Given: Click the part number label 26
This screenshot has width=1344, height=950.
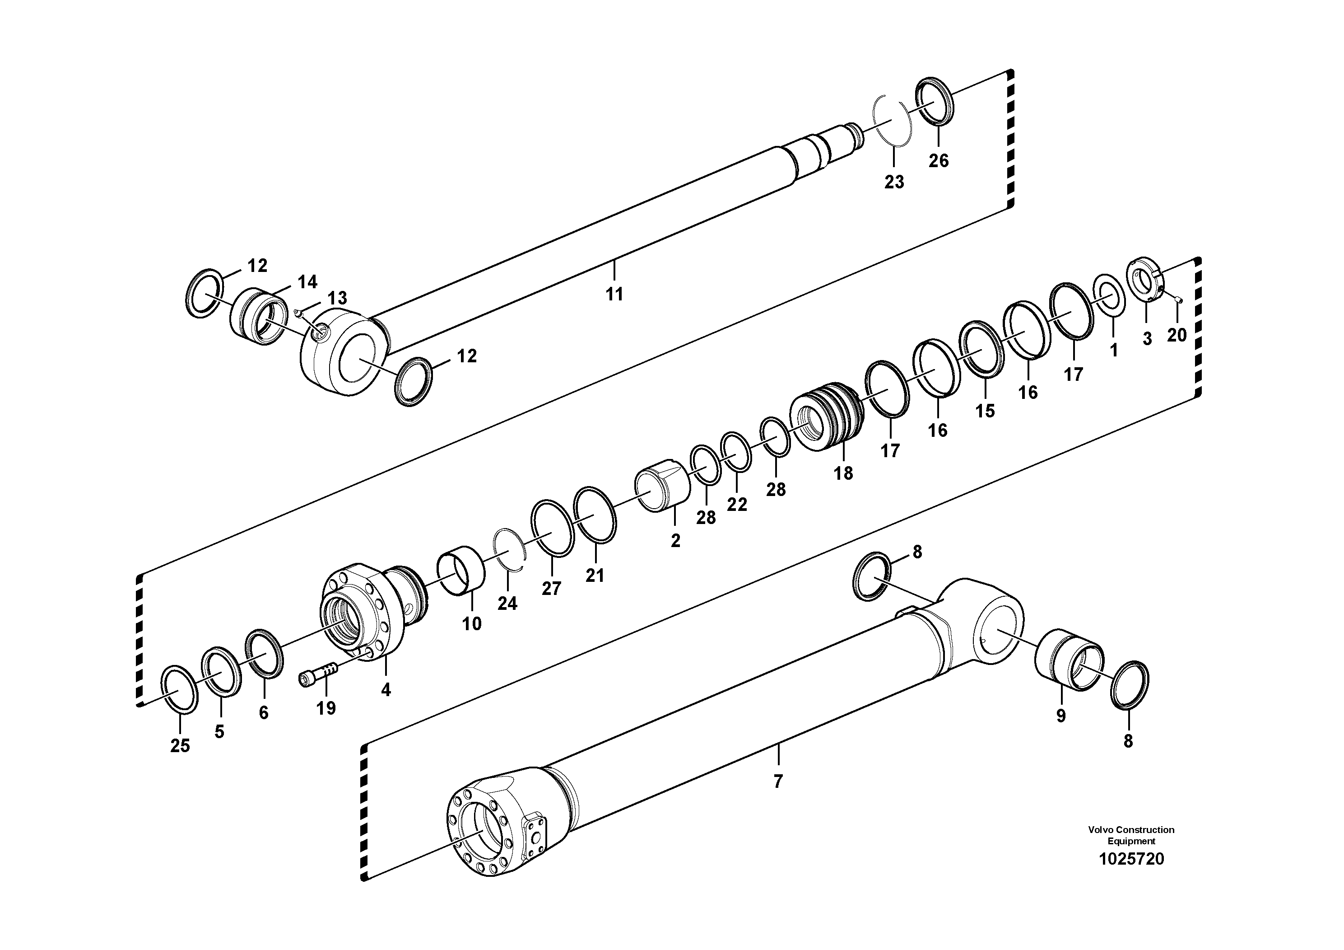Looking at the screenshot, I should pyautogui.click(x=938, y=160).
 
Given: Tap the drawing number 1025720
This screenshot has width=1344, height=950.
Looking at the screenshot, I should pyautogui.click(x=1131, y=859).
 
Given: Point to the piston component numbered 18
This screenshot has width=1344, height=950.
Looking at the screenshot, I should pyautogui.click(x=827, y=417).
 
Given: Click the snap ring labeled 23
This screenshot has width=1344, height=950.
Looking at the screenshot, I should pyautogui.click(x=892, y=122).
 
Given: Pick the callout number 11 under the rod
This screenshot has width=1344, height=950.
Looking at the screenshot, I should pyautogui.click(x=614, y=294).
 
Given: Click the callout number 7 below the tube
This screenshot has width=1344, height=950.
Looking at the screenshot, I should pyautogui.click(x=777, y=782).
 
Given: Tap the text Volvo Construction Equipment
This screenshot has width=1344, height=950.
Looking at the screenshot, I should pyautogui.click(x=1131, y=835).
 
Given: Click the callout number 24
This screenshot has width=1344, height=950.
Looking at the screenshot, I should pyautogui.click(x=507, y=603).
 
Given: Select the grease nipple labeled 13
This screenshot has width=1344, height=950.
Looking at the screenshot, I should pyautogui.click(x=298, y=312).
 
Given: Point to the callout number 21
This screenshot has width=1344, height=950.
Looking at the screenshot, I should pyautogui.click(x=595, y=576).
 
